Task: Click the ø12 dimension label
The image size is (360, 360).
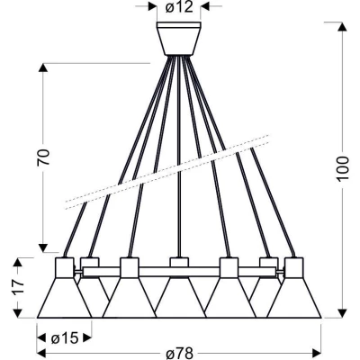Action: coord(179,6)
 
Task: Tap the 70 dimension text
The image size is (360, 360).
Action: coord(43,157)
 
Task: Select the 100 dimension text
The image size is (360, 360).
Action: coord(343,168)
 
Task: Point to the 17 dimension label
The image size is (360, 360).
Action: coord(19,287)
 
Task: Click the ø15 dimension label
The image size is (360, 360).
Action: coord(65,338)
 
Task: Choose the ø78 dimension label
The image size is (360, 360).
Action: coord(180,353)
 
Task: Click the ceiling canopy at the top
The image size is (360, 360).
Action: coord(179,38)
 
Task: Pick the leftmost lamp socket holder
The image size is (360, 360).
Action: coord(65,267)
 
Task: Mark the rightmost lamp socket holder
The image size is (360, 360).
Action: coord(294,267)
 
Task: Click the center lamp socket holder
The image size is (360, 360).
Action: coord(179,262)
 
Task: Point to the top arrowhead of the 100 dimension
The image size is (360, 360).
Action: coord(343,26)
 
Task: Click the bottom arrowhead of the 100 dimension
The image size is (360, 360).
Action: coord(343,313)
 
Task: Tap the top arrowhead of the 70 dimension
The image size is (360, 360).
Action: coord(43,67)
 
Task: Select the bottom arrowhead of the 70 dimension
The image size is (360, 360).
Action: coord(43,247)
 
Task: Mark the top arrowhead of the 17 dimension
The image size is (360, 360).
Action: coord(18,263)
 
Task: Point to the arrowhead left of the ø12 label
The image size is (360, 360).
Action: coord(152,6)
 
